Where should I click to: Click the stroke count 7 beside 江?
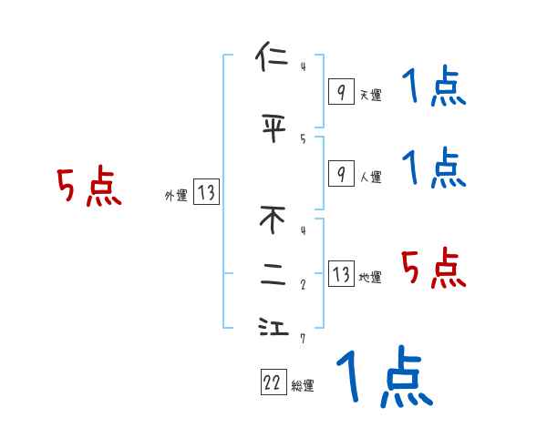click(303, 339)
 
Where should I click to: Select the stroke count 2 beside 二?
click(303, 284)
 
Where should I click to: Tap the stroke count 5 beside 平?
click(303, 138)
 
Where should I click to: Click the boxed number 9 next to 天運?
click(340, 92)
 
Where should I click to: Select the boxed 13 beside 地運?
click(340, 274)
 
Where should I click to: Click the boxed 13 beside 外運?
click(206, 192)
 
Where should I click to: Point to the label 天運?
click(370, 95)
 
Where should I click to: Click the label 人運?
click(370, 177)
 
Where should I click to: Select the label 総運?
click(303, 386)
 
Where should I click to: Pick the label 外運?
click(175, 195)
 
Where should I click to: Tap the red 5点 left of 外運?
click(88, 188)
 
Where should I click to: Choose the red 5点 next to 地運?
click(434, 269)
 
